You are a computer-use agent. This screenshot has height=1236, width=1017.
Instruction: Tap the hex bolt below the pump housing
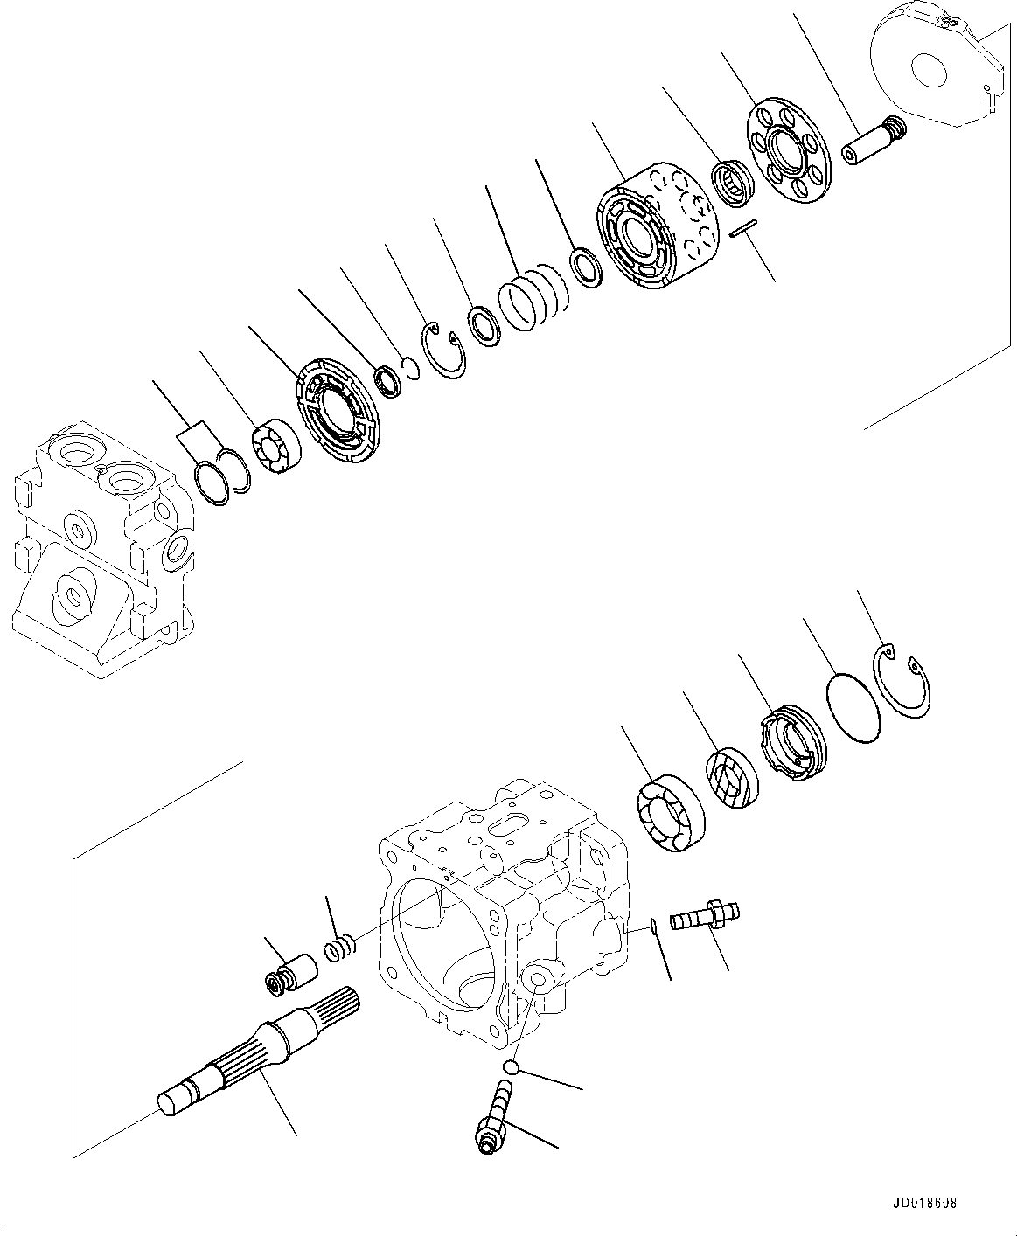click(x=496, y=1119)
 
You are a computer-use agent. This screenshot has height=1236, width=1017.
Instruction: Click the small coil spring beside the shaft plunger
click(x=339, y=948)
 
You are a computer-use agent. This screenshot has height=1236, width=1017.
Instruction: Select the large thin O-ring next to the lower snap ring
click(x=853, y=708)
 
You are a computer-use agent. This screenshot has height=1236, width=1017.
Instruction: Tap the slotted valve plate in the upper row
click(x=339, y=406)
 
